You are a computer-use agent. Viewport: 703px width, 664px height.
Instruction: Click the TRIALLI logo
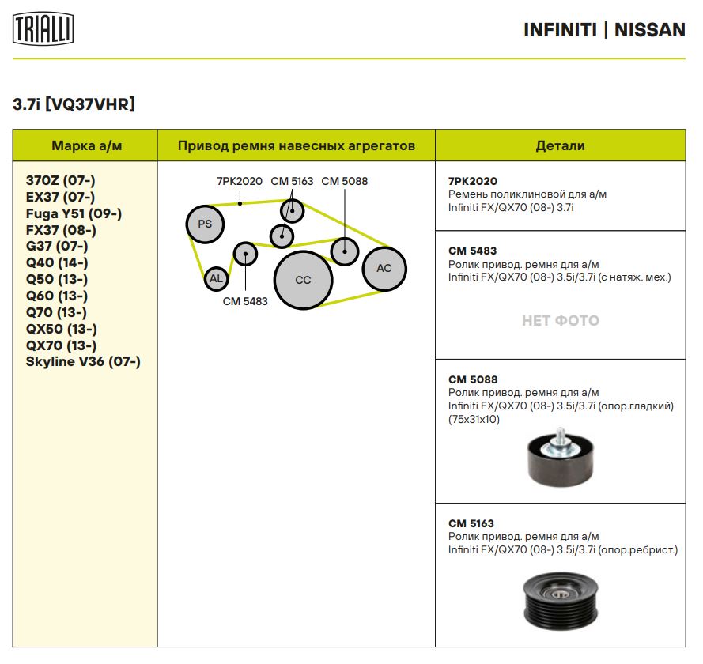coord(43,28)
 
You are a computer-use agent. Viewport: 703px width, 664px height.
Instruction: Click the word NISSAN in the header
coord(650,30)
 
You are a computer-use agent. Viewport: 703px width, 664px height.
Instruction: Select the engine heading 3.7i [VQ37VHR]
coord(74,104)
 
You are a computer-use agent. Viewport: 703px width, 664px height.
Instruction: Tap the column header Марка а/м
coord(86,145)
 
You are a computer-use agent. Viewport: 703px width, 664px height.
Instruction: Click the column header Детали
coord(560,145)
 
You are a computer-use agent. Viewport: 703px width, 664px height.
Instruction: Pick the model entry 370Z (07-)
coord(61,180)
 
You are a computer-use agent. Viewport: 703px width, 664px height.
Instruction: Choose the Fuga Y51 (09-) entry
coord(74,213)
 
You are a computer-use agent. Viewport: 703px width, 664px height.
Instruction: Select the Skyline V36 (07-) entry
coord(83,361)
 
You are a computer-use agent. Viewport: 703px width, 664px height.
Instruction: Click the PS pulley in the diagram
coord(205,224)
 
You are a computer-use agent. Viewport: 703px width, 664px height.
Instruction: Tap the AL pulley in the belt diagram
coord(216,279)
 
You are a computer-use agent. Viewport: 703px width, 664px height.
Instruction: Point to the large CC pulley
coord(303,280)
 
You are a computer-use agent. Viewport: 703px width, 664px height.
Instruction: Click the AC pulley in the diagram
coord(384,269)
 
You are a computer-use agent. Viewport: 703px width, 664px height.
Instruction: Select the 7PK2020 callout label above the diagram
coord(240,181)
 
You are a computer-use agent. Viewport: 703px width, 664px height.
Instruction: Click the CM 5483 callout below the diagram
coord(245,301)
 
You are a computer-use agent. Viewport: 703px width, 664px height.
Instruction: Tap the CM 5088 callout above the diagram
coord(344,181)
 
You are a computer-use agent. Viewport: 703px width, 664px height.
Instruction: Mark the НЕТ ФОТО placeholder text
coord(561,320)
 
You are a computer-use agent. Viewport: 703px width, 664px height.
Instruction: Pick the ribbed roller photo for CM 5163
coord(561,601)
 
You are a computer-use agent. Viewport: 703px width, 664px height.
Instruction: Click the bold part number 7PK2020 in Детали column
coord(473,181)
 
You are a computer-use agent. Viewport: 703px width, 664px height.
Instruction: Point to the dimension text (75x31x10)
coord(474,420)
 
